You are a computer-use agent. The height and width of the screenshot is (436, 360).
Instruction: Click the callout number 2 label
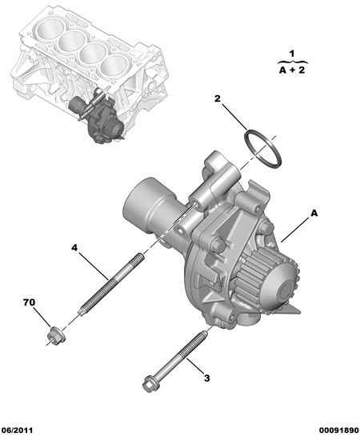click(x=217, y=98)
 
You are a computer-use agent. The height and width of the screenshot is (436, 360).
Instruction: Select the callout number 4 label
click(x=74, y=247)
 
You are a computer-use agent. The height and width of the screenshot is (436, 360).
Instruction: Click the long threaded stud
click(x=112, y=283)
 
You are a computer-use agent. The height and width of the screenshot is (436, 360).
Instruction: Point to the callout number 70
click(x=29, y=302)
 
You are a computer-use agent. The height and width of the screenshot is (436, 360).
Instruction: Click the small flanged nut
click(x=57, y=336)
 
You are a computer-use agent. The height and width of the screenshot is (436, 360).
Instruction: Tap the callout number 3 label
click(x=207, y=378)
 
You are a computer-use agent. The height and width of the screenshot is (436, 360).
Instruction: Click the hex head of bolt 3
click(x=149, y=384)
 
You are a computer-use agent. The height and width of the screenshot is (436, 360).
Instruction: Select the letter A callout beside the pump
click(x=314, y=214)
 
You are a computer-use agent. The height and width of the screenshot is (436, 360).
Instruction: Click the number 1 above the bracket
click(x=292, y=54)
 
